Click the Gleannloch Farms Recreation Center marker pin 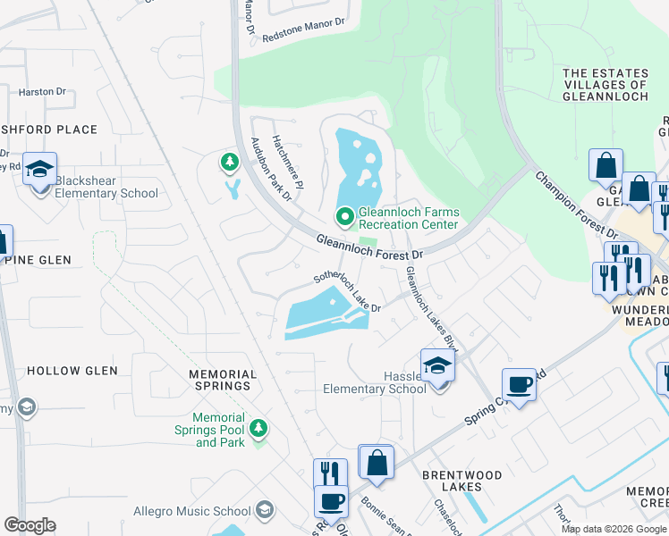344,217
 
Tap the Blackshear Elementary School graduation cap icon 40,169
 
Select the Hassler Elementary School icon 437,367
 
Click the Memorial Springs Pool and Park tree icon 258,429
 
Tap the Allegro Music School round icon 264,511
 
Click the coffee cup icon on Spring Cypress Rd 519,385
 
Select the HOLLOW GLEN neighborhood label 66,371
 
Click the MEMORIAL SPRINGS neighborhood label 224,380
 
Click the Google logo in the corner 30,525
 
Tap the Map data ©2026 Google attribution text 614,529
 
